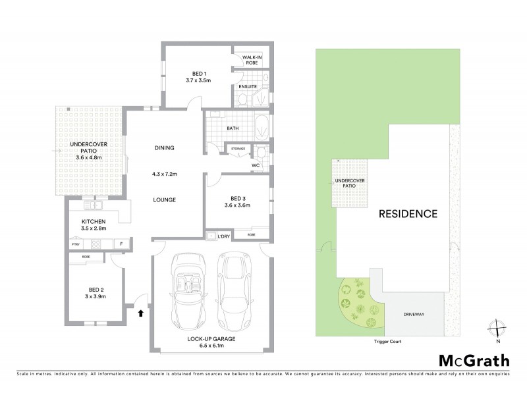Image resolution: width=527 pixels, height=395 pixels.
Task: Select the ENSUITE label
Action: click(x=247, y=86)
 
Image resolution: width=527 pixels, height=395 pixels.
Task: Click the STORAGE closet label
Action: click(x=238, y=149)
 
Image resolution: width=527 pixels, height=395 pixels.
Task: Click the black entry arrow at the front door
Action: click(x=140, y=314)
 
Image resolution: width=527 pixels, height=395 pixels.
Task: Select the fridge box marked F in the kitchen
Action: click(x=121, y=244)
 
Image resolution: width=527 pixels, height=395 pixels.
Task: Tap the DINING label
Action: click(x=164, y=148)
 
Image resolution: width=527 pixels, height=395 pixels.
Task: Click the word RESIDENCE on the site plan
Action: click(x=408, y=213)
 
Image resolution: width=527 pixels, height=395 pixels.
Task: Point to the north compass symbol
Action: click(x=498, y=329)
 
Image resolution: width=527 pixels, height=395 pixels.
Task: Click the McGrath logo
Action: click(x=474, y=360)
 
